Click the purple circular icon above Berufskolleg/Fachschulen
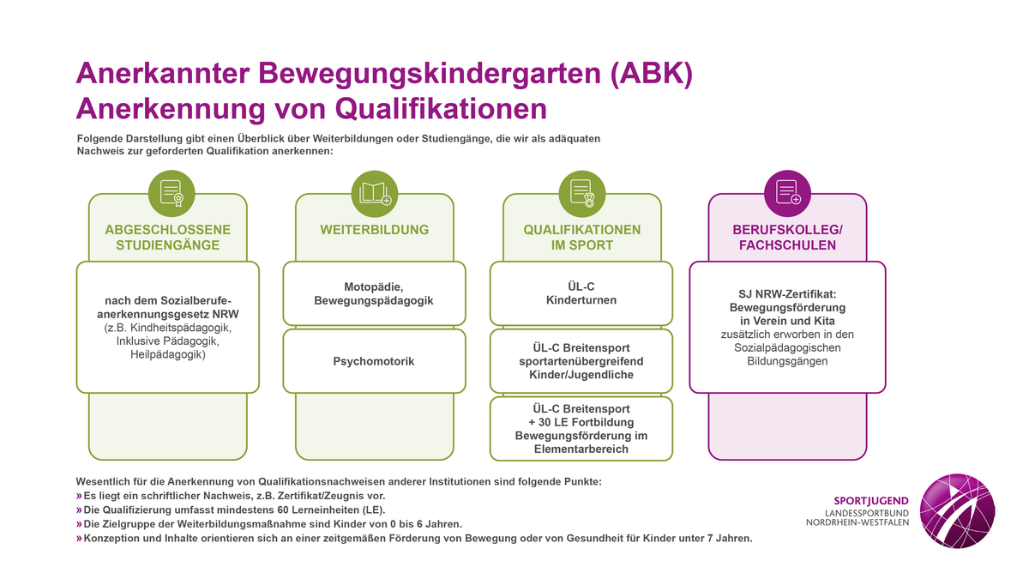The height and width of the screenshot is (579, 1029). pos(787,194)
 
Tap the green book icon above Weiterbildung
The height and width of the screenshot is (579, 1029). pos(375,194)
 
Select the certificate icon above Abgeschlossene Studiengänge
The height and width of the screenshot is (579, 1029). pos(171,194)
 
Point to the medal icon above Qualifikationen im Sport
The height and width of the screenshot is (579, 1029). pos(582,194)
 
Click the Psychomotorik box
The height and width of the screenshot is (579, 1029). pos(375,361)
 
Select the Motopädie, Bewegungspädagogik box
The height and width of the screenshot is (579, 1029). pos(375,293)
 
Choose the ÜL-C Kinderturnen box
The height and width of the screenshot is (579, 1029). pos(581,293)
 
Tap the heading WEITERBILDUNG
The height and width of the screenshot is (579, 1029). pos(375,230)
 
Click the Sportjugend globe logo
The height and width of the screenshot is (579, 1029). pos(957,511)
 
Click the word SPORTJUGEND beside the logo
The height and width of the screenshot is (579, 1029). pos(871,501)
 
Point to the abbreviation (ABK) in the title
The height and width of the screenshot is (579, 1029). pos(652,74)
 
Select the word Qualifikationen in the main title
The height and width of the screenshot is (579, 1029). pos(441,109)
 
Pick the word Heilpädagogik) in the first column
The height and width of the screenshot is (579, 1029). pos(168,355)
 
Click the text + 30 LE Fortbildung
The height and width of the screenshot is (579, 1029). pos(581,422)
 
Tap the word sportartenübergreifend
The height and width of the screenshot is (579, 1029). pos(581,361)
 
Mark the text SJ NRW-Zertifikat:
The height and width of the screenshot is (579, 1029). pos(787,294)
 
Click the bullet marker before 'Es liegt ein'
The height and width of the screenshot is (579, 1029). pos(79,496)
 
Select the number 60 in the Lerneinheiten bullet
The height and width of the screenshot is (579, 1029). pos(283,510)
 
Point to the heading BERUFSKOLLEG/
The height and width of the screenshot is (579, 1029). pos(787,230)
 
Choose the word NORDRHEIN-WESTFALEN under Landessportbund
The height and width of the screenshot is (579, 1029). pos(857,522)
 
